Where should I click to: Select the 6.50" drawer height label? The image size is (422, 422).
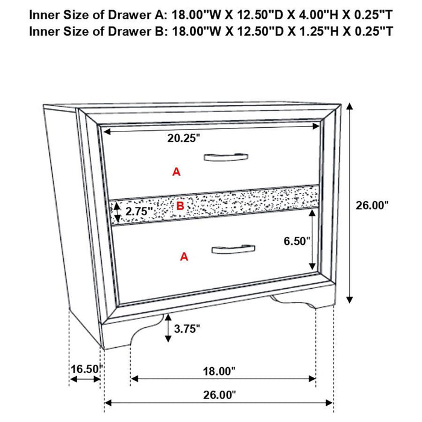point(297,241)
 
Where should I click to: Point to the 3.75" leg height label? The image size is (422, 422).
point(187,329)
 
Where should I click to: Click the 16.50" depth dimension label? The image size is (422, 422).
point(84,368)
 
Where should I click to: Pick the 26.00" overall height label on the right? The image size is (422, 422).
point(371,205)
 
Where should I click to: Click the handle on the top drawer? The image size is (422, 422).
point(225,157)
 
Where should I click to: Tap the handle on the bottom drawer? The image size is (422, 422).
point(233,249)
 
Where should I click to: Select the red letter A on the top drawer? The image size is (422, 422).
point(176,172)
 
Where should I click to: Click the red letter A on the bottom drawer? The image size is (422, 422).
point(184,257)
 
